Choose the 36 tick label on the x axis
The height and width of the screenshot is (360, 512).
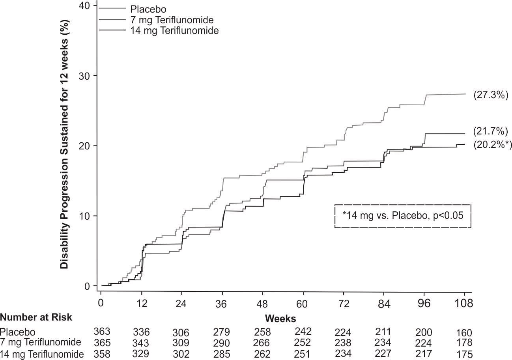click(x=222, y=304)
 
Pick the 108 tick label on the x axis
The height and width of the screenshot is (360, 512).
click(x=464, y=304)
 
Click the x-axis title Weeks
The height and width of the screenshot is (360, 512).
click(x=280, y=318)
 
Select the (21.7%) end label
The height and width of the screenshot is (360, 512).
click(x=490, y=131)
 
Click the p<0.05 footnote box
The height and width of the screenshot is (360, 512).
click(x=403, y=216)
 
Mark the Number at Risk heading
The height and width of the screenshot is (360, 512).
click(x=36, y=317)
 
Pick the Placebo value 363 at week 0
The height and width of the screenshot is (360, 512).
click(x=102, y=331)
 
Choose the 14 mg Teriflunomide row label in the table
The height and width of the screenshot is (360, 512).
click(x=42, y=354)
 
